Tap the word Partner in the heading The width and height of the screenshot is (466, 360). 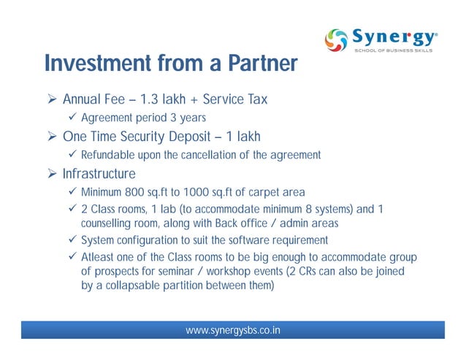[253, 64]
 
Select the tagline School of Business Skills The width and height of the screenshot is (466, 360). [395, 51]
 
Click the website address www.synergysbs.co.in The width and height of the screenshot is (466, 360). [233, 331]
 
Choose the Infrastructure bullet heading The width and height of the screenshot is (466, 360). [99, 174]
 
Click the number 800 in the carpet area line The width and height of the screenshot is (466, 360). [137, 193]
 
